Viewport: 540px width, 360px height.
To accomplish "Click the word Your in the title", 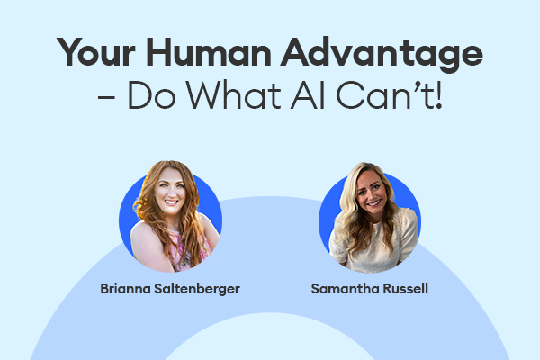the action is pos(95,52).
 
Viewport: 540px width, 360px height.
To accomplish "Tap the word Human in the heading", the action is pos(209,52).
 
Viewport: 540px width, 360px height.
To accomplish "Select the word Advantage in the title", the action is pos(382,54).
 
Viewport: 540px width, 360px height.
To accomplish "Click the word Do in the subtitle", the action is pos(152,95).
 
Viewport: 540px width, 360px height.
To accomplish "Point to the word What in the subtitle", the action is pos(234,95).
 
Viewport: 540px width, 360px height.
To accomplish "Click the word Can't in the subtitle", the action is pos(384,94).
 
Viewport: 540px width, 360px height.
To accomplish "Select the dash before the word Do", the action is pos(106,98).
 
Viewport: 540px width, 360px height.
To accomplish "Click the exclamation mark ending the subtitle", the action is pos(438,95).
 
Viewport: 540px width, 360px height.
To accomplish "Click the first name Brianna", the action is pos(125,289).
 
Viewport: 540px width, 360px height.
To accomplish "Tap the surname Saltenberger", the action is pos(197,290).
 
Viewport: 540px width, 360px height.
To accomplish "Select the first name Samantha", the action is pos(346,289).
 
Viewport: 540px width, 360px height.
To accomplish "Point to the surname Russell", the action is pos(406,289).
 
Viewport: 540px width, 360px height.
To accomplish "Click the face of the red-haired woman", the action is pos(170,193).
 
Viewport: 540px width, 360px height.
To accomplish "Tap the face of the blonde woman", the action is pos(371,192).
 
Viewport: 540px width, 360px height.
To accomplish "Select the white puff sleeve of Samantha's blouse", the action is pos(407,230).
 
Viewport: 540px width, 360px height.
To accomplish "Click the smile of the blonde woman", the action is pos(374,202).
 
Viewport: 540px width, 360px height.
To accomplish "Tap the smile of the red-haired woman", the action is pos(172,202).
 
